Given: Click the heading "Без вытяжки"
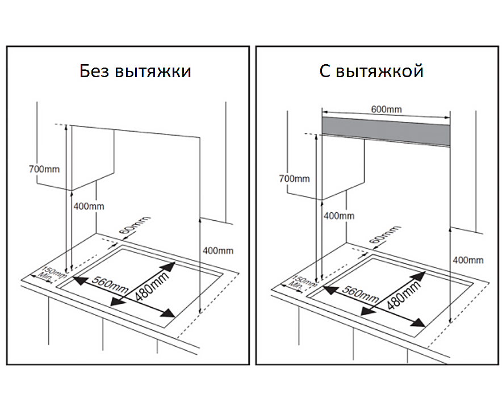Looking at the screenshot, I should [135, 72].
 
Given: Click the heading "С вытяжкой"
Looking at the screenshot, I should [371, 72].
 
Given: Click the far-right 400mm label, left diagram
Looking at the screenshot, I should [218, 250].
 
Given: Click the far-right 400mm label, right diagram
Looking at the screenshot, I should [468, 260].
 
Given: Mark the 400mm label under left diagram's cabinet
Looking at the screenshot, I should [89, 206].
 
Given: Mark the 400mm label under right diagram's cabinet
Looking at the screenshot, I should [339, 216].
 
